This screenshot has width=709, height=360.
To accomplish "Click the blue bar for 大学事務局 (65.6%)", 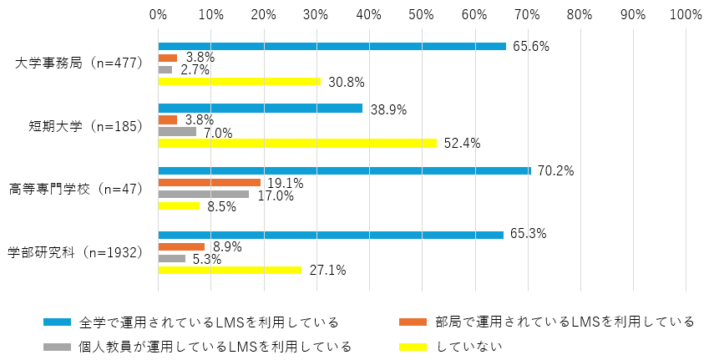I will (x=332, y=46).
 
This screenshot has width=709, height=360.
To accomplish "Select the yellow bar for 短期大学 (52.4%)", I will (x=297, y=143).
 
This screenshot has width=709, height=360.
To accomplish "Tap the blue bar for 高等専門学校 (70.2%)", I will (x=344, y=170).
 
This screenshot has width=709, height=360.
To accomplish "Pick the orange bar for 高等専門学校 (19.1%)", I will (x=209, y=182).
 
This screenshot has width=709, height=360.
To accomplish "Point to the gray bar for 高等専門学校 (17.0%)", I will (x=203, y=194).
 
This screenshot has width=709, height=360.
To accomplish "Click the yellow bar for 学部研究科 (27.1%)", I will (x=230, y=270).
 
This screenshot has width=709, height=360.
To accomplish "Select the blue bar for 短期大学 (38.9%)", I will (x=260, y=109).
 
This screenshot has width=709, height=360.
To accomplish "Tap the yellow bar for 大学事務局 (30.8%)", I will (x=239, y=81).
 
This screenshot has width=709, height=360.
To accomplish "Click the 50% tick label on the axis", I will (x=422, y=14).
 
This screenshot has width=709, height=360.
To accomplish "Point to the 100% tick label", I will (x=685, y=14).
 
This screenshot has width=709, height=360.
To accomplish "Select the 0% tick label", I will (x=158, y=14).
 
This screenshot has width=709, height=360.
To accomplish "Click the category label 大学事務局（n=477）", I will (x=80, y=63).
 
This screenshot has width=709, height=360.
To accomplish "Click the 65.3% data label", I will (x=528, y=235).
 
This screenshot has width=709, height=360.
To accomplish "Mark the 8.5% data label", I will (x=221, y=206).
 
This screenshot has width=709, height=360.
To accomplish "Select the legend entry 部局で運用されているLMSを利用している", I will (x=565, y=322).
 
